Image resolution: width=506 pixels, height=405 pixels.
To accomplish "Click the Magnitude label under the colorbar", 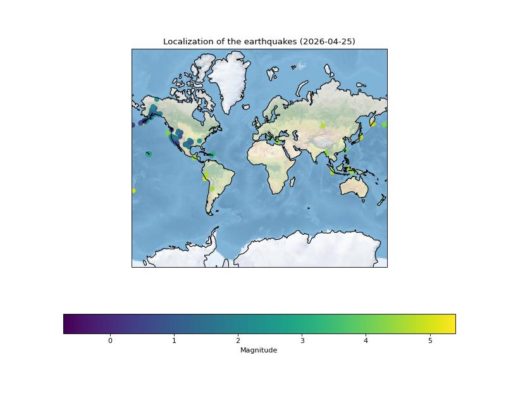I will tap(259, 350).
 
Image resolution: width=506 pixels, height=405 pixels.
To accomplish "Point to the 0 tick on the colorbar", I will tap(110, 341).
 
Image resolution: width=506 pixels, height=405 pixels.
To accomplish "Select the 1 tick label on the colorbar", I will tap(174, 341).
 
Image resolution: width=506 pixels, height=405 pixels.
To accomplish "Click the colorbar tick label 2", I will tap(238, 341).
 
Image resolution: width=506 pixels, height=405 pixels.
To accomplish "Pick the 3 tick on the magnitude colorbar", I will tap(302, 341).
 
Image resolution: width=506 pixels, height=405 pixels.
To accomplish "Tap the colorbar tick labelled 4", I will tap(366, 341).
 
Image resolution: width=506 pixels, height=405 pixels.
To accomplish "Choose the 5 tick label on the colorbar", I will tap(430, 341).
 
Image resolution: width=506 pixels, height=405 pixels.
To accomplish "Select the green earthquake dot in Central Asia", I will tap(323, 125).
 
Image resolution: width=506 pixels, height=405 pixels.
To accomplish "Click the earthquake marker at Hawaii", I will tap(149, 154).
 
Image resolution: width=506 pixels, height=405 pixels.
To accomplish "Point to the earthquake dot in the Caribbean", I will tap(213, 154).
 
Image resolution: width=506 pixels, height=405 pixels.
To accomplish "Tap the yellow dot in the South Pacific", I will tap(133, 190).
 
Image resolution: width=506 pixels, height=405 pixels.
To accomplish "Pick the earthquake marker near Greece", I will tap(277, 141).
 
